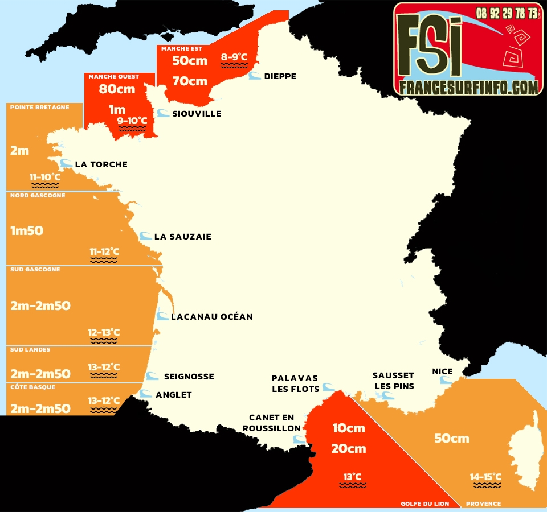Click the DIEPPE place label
[280, 76]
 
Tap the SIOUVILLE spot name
[197, 114]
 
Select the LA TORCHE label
[101, 164]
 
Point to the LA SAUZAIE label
[182, 237]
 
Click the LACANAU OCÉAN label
[211, 316]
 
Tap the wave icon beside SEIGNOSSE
[152, 376]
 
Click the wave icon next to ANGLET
[146, 394]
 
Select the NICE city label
[442, 371]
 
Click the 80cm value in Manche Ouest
[117, 89]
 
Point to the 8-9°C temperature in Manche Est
[234, 57]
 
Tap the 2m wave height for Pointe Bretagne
[19, 151]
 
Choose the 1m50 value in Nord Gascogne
[27, 231]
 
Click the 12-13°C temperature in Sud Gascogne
[104, 332]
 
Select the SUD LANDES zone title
[30, 350]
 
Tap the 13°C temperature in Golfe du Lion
[352, 476]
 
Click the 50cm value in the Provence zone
[451, 438]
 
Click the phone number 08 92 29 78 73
[507, 13]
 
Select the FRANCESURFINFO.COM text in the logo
[468, 87]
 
